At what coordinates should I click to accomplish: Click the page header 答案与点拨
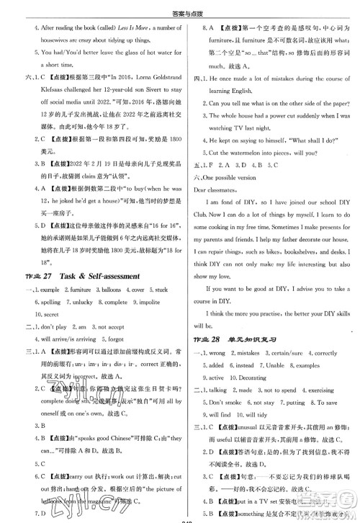click(x=179, y=9)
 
